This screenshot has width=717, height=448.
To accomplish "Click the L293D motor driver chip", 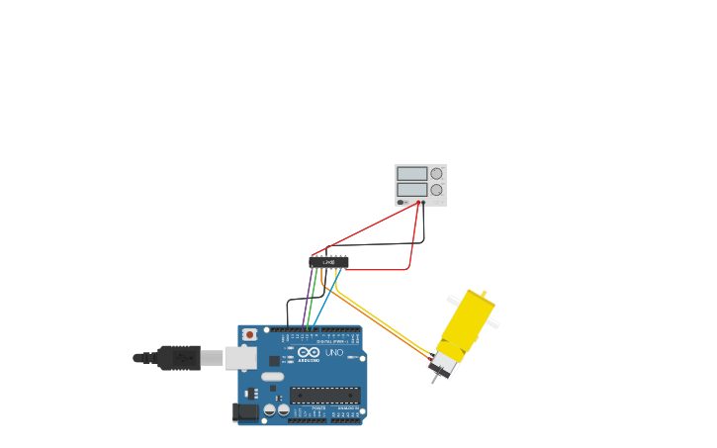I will (328, 262).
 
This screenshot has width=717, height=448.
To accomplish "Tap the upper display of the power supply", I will (411, 173).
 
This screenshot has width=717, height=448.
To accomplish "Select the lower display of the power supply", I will (411, 189).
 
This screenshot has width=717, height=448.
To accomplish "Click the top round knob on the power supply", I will (436, 173).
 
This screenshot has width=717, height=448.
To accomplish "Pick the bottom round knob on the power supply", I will (436, 189).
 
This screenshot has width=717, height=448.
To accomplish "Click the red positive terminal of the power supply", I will (418, 203).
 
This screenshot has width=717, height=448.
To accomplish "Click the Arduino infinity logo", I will (309, 353).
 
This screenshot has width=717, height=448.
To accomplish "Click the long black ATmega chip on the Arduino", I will (324, 396).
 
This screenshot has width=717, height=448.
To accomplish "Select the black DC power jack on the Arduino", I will (243, 410).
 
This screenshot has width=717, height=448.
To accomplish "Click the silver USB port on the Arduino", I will (240, 357).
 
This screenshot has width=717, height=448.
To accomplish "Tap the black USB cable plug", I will (179, 357).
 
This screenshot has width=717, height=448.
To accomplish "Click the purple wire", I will (308, 297).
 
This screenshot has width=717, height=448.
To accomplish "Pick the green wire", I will (313, 297).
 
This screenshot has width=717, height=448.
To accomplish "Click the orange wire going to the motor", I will (381, 322).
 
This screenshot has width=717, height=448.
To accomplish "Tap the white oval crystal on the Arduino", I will (272, 376).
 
